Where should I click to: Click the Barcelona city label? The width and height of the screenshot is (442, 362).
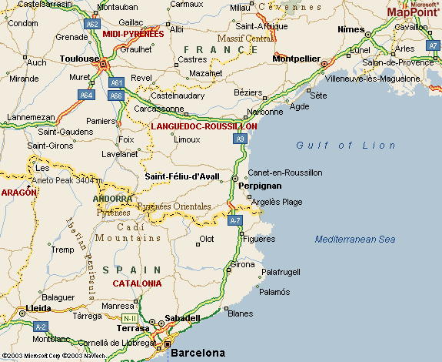coord(198,354)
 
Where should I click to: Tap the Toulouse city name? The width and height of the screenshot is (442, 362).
coord(80,59)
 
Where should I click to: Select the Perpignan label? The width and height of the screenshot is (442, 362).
coord(260,186)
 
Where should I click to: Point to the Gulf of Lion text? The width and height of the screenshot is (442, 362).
coord(346,146)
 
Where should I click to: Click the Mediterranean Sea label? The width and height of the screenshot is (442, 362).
coord(354,240)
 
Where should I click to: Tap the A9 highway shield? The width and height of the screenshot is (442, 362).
coord(241,139)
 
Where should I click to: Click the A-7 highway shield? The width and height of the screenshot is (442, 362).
coord(235,220)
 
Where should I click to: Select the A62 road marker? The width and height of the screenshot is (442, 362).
coord(92,24)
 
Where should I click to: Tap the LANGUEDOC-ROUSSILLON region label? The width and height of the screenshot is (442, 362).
coord(204,126)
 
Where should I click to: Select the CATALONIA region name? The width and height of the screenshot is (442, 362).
coord(137,283)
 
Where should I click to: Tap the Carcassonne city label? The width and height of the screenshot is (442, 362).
coord(158,109)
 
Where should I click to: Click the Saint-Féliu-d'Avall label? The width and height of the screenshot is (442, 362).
coord(182,176)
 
